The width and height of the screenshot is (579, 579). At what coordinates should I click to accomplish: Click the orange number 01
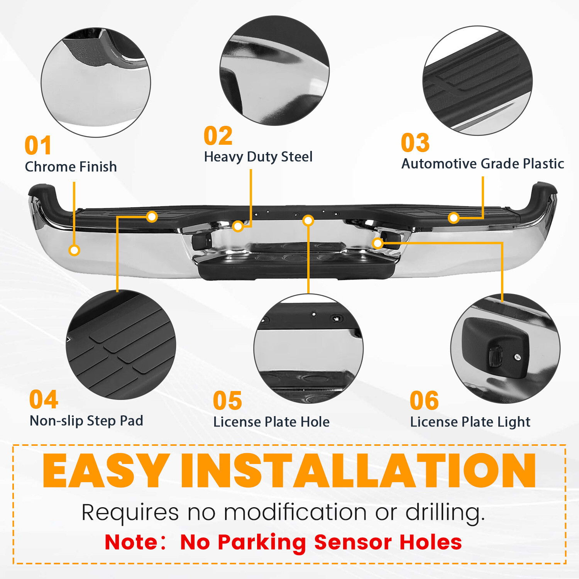pyautogui.click(x=38, y=146)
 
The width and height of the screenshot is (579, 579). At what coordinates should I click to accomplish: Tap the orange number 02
pyautogui.click(x=218, y=136)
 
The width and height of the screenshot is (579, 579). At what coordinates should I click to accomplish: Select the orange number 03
pyautogui.click(x=415, y=143)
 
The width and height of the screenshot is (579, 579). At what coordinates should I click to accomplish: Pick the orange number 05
pyautogui.click(x=228, y=401)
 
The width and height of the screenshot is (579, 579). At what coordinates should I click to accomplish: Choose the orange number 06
pyautogui.click(x=424, y=401)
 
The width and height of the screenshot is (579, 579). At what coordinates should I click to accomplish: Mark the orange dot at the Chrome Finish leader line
pyautogui.click(x=74, y=250)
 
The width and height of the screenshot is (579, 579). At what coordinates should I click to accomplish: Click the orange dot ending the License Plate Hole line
pyautogui.click(x=308, y=220)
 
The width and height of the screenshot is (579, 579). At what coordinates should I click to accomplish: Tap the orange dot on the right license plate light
pyautogui.click(x=378, y=243)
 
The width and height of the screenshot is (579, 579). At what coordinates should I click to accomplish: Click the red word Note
pyautogui.click(x=131, y=542)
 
